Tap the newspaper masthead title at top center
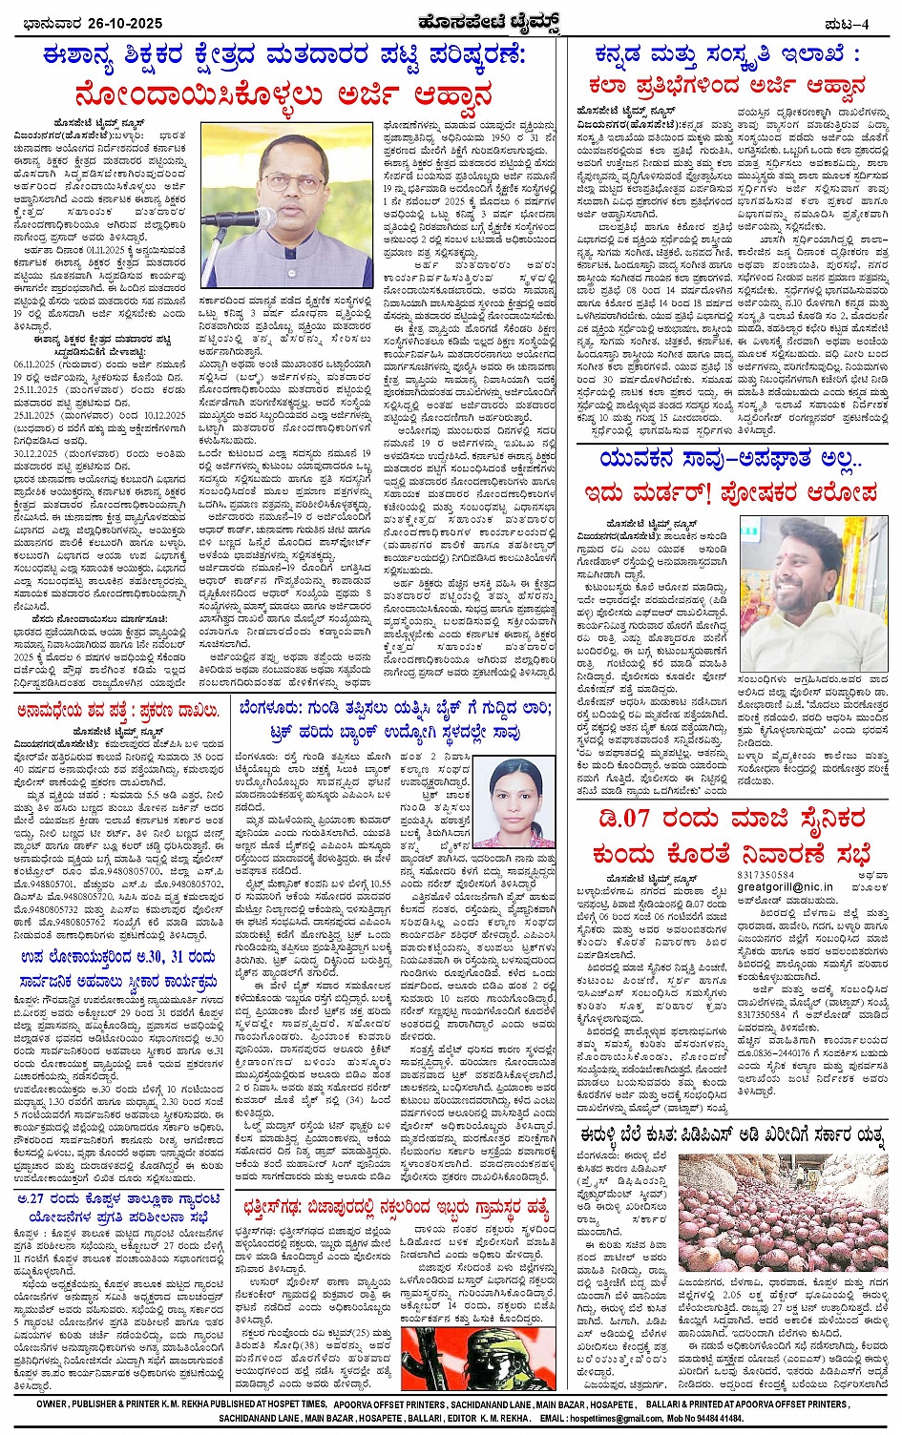451,21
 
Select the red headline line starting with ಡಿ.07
729,820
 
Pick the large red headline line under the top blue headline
286,96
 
